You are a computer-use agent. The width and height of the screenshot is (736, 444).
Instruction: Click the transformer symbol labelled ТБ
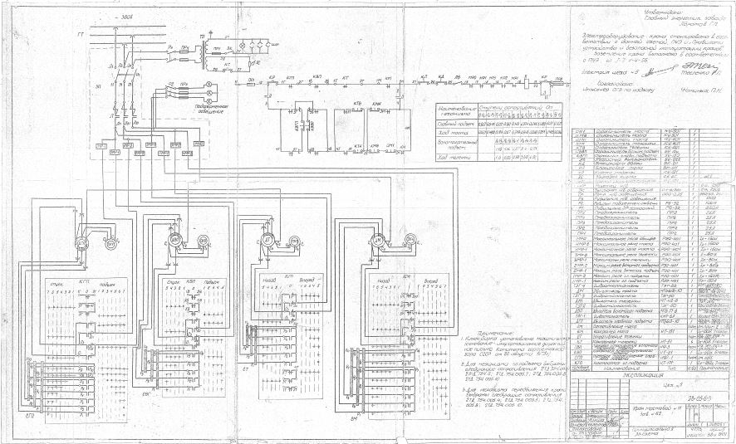point(199,50)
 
